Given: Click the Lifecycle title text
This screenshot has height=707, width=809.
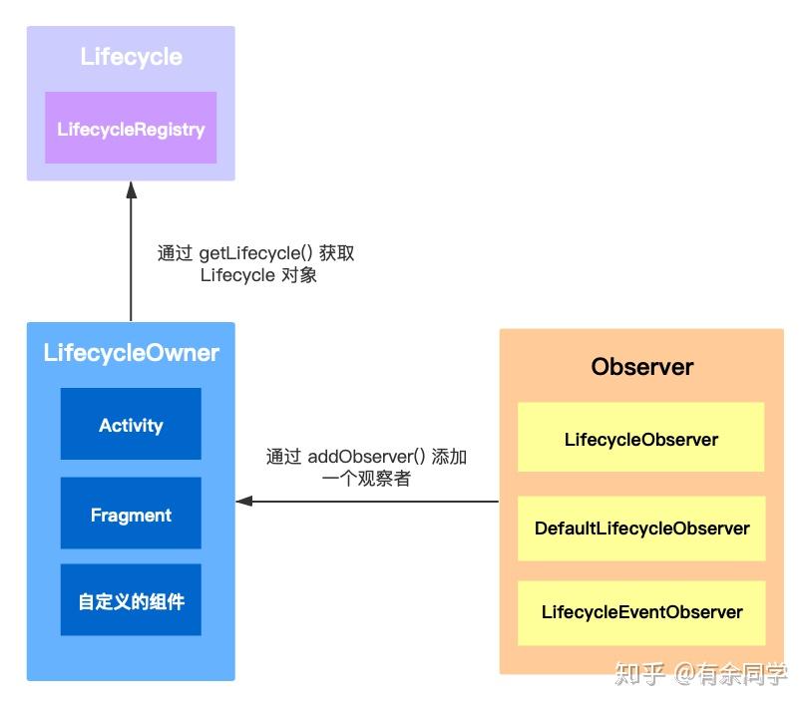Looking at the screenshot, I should click(131, 57).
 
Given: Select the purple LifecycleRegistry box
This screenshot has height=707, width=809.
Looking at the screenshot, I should click(131, 129).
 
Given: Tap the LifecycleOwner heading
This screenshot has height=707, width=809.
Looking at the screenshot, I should click(131, 353).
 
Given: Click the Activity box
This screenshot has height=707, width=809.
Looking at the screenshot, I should click(131, 425).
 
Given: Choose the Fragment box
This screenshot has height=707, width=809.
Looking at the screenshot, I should click(131, 515).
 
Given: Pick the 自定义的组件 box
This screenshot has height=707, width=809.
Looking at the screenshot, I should click(131, 601).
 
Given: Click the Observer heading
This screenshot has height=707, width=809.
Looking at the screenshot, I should click(641, 366).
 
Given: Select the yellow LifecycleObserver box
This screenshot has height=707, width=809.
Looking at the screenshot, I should click(640, 439).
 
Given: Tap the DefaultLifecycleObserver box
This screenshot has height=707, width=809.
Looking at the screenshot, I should click(640, 528).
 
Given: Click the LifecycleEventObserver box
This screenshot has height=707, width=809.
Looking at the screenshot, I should click(640, 612).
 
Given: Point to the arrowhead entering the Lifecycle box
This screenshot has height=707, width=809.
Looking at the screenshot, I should click(131, 189).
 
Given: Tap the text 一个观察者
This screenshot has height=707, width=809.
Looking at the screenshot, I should click(366, 479).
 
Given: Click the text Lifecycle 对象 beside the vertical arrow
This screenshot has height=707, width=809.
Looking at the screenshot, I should click(257, 275).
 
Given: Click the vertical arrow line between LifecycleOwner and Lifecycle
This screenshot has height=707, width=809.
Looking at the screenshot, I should click(131, 259).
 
